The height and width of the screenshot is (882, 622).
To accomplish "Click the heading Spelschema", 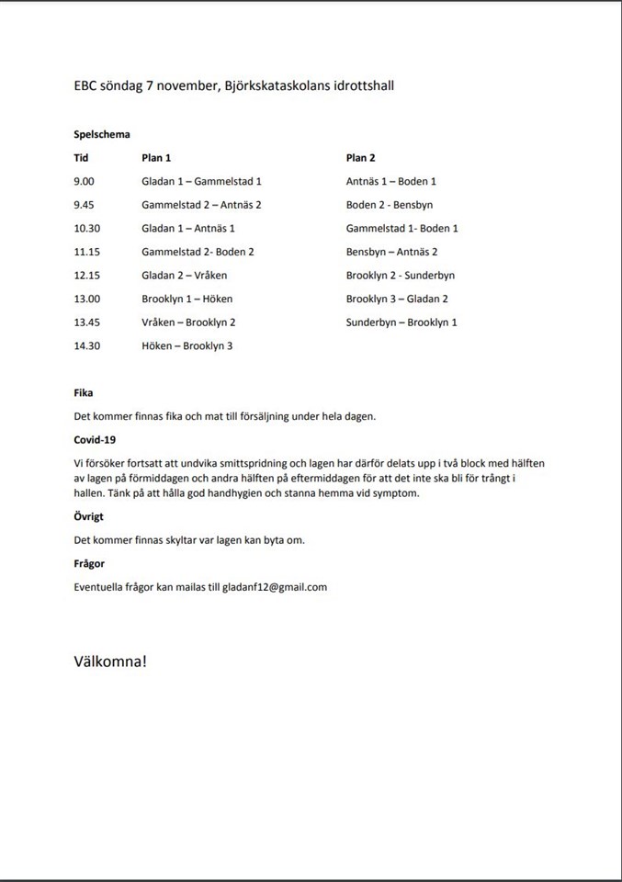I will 102,134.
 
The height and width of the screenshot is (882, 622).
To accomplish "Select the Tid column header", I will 81,158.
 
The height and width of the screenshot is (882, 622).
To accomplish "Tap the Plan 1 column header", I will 157,158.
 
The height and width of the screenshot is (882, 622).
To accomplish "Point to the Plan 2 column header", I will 361,158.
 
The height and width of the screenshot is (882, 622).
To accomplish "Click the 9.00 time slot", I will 85,182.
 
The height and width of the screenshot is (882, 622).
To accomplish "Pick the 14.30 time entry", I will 87,345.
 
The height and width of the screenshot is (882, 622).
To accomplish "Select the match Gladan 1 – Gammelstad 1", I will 202,182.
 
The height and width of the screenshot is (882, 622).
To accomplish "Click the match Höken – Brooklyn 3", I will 187,345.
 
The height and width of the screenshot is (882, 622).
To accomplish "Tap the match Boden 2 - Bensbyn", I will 390,205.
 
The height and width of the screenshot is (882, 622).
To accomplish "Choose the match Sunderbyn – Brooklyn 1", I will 401,322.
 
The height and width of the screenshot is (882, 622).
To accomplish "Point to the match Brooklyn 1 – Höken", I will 187,299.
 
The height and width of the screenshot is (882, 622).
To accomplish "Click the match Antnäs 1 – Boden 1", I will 391,182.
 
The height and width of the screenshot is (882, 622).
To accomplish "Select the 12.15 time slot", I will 87,275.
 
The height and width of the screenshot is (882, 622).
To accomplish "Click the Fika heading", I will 84,392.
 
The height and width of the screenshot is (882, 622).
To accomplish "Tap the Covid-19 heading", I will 95,439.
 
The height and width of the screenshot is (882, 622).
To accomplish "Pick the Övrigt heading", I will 88,516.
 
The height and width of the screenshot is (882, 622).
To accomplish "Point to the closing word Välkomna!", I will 109,661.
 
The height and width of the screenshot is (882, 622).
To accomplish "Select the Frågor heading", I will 89,563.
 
